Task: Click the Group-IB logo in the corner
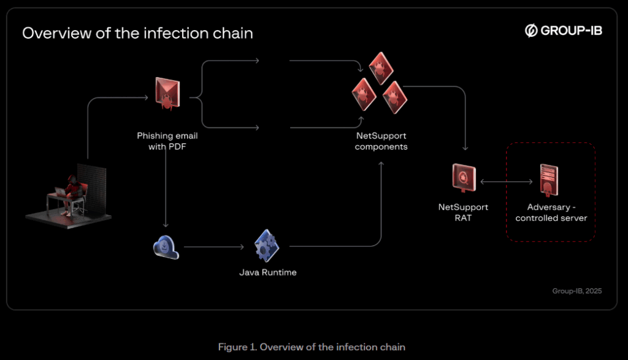[563, 31]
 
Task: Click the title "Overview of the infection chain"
[137, 33]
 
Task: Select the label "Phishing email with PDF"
[167, 141]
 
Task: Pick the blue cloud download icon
[166, 247]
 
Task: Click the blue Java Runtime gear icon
[267, 246]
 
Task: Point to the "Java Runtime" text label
[267, 272]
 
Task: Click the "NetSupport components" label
[381, 141]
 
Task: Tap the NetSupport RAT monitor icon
[464, 178]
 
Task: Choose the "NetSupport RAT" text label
[463, 212]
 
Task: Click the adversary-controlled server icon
[550, 178]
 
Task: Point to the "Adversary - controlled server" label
[551, 212]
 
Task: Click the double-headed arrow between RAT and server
[507, 182]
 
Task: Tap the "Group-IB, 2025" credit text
[576, 291]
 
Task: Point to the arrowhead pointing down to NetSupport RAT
[466, 148]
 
